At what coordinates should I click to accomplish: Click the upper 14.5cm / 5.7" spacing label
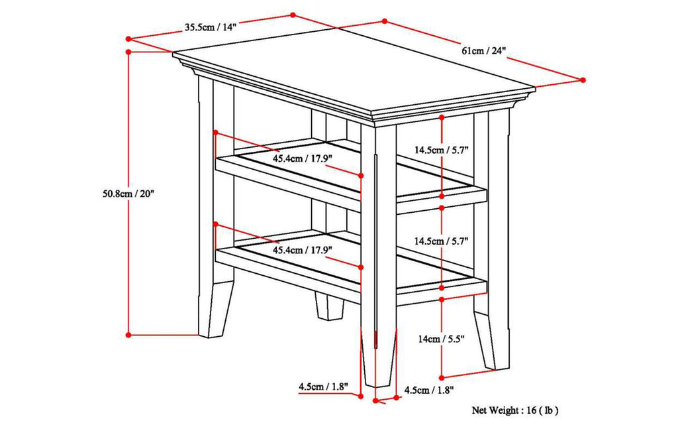(x=442, y=150)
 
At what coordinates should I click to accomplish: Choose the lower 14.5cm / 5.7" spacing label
(x=442, y=241)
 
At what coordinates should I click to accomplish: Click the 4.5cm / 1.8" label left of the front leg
(x=322, y=385)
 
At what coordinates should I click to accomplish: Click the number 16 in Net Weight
(x=531, y=411)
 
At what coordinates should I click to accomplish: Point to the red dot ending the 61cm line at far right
(x=583, y=80)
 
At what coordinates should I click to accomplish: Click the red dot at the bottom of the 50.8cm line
(x=128, y=335)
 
